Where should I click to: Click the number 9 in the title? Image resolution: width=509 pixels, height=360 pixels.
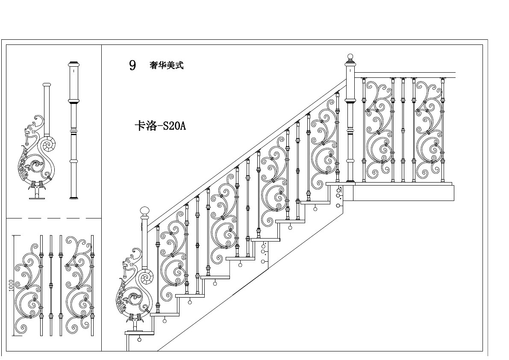[x=132, y=65]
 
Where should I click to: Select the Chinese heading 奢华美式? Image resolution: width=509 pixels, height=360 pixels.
[x=166, y=65]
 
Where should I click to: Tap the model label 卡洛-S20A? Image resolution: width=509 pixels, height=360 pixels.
[x=160, y=127]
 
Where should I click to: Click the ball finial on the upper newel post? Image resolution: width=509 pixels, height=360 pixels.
[x=350, y=57]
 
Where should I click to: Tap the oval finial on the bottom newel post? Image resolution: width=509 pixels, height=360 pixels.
[x=145, y=211]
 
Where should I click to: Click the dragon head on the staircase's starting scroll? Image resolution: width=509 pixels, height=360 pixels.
[x=129, y=262]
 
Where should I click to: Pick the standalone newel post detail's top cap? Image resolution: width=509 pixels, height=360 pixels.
[x=74, y=64]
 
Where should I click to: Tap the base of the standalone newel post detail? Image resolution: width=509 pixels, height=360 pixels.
[x=74, y=197]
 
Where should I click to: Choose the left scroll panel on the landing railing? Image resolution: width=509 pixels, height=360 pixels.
[x=379, y=128]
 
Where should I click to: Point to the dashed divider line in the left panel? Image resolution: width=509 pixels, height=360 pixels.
[x=53, y=218]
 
